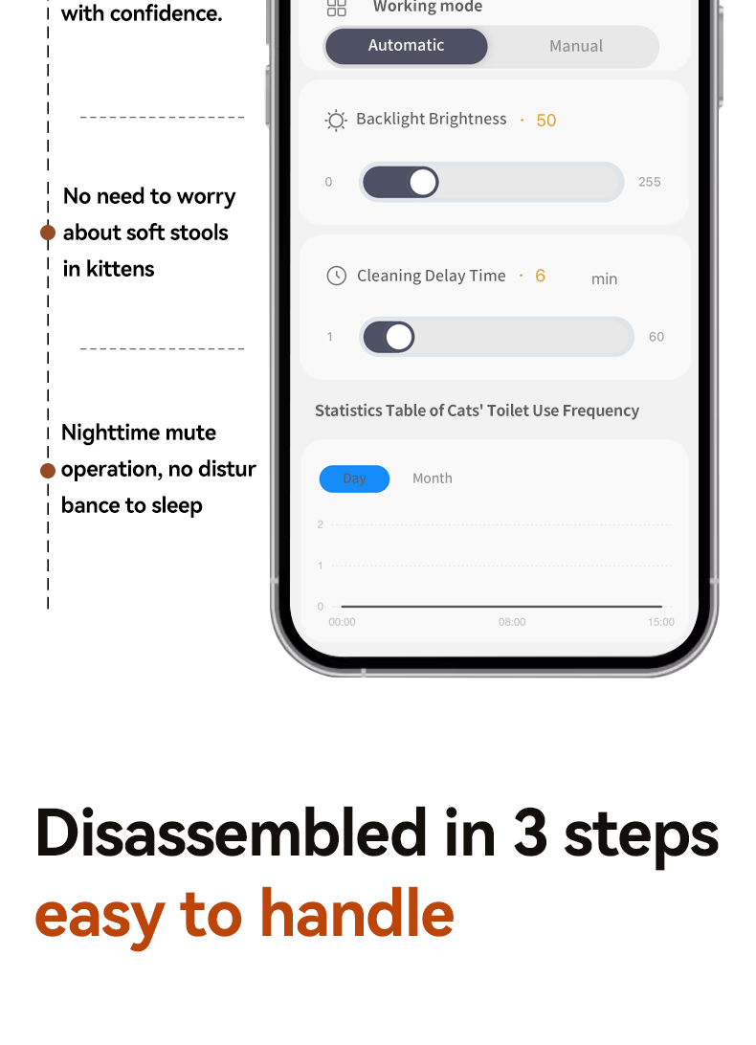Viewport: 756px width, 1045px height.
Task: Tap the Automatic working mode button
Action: pos(406,46)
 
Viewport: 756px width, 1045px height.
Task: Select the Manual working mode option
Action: pos(576,46)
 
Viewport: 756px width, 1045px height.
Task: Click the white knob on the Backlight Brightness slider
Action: pos(423,182)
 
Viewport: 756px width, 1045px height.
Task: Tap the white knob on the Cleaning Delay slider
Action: pos(399,337)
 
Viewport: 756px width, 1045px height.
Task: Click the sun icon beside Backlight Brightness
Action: pos(336,120)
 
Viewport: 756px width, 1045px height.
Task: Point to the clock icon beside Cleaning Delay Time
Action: pos(337,276)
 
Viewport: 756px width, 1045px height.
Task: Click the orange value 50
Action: pos(546,120)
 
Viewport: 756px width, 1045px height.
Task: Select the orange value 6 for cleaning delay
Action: pos(540,276)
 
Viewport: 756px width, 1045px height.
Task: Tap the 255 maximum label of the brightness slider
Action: pos(650,182)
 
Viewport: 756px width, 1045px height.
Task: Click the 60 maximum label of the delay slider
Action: pos(656,337)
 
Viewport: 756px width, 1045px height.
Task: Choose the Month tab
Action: pos(432,478)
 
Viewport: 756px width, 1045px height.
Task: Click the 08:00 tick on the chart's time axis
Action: pos(512,622)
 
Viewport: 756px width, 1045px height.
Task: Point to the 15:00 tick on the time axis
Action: pos(660,622)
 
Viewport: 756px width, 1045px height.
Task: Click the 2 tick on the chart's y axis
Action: pos(321,524)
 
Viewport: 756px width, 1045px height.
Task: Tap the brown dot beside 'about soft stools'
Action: pos(47,233)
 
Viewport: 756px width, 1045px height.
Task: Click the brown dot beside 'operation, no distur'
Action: pos(47,471)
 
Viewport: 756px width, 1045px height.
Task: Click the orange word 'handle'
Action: pos(357,913)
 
